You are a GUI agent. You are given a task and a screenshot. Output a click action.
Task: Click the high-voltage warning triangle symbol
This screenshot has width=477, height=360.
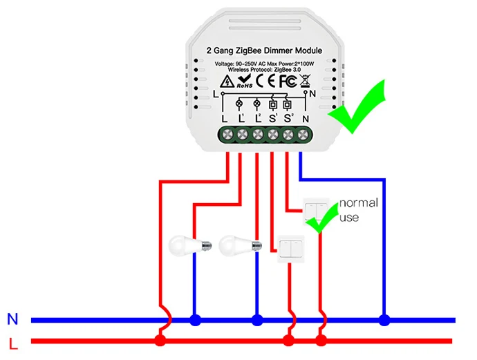click(225, 82)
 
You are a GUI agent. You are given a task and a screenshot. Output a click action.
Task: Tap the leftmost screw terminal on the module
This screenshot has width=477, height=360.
click(225, 135)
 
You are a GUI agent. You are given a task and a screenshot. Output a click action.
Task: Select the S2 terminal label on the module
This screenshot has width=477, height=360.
click(288, 118)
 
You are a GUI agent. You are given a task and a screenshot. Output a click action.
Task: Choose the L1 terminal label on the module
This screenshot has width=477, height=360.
click(241, 118)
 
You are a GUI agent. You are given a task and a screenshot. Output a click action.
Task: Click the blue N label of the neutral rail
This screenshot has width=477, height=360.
click(12, 319)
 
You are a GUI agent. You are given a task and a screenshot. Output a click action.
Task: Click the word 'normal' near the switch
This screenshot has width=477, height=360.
click(358, 203)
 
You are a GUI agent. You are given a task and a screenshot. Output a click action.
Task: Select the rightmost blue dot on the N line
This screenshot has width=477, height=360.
click(384, 320)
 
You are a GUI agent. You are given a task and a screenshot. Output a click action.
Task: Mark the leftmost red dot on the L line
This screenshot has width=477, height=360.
click(160, 341)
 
